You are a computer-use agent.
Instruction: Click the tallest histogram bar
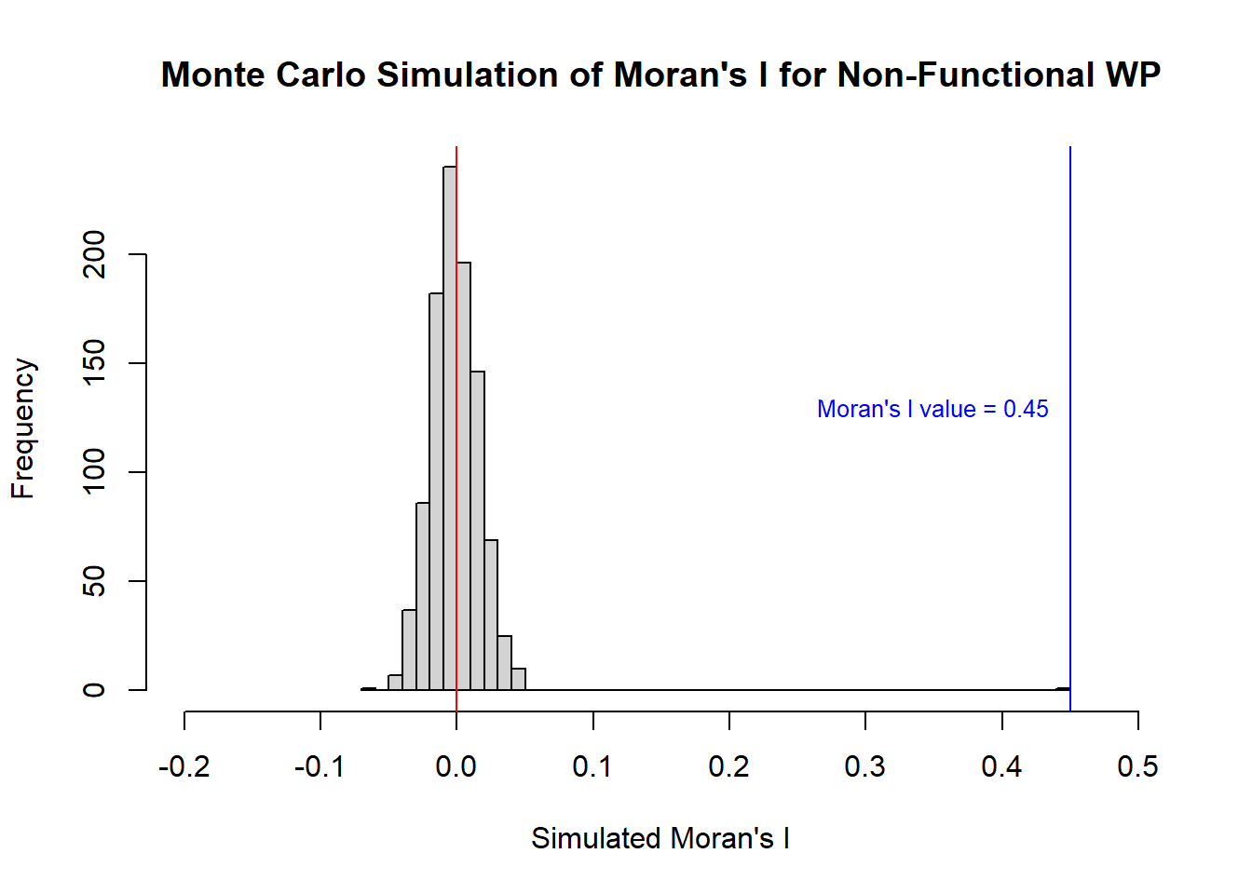(450, 428)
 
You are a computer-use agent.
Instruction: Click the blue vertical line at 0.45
(1070, 279)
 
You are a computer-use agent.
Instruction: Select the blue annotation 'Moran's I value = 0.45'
(932, 409)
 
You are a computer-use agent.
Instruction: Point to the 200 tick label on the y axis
(95, 254)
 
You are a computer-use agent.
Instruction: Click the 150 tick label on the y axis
(95, 363)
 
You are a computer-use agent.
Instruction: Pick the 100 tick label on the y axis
(95, 472)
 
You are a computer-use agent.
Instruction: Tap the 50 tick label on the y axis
(95, 581)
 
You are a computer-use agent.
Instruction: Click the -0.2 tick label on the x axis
(184, 766)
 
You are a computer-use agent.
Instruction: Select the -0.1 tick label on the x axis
(320, 766)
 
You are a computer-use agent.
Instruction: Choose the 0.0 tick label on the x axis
(456, 766)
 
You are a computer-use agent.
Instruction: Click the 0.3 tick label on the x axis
(865, 766)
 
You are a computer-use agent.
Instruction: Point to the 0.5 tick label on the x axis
(1137, 766)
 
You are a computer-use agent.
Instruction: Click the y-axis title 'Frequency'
(23, 428)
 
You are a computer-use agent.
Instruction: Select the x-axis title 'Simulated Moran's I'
(660, 838)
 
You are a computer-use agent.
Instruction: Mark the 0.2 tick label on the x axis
(728, 766)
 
